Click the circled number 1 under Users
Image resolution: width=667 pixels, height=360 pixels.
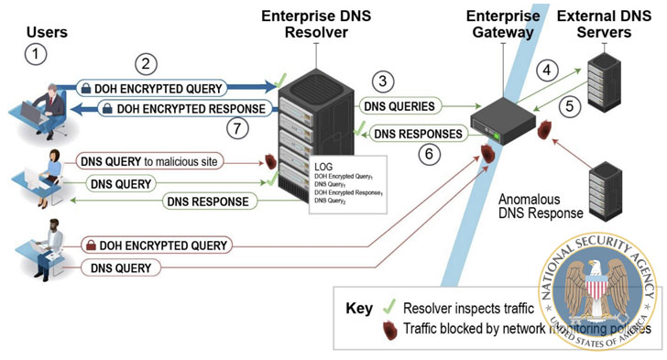35,53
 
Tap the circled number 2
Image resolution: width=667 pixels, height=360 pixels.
143,64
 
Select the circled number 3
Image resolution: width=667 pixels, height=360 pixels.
385,82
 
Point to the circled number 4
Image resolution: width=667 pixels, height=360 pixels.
546,70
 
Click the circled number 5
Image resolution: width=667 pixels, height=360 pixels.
569,105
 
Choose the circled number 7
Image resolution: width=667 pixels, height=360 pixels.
239,128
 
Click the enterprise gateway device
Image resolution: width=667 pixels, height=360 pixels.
502,117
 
